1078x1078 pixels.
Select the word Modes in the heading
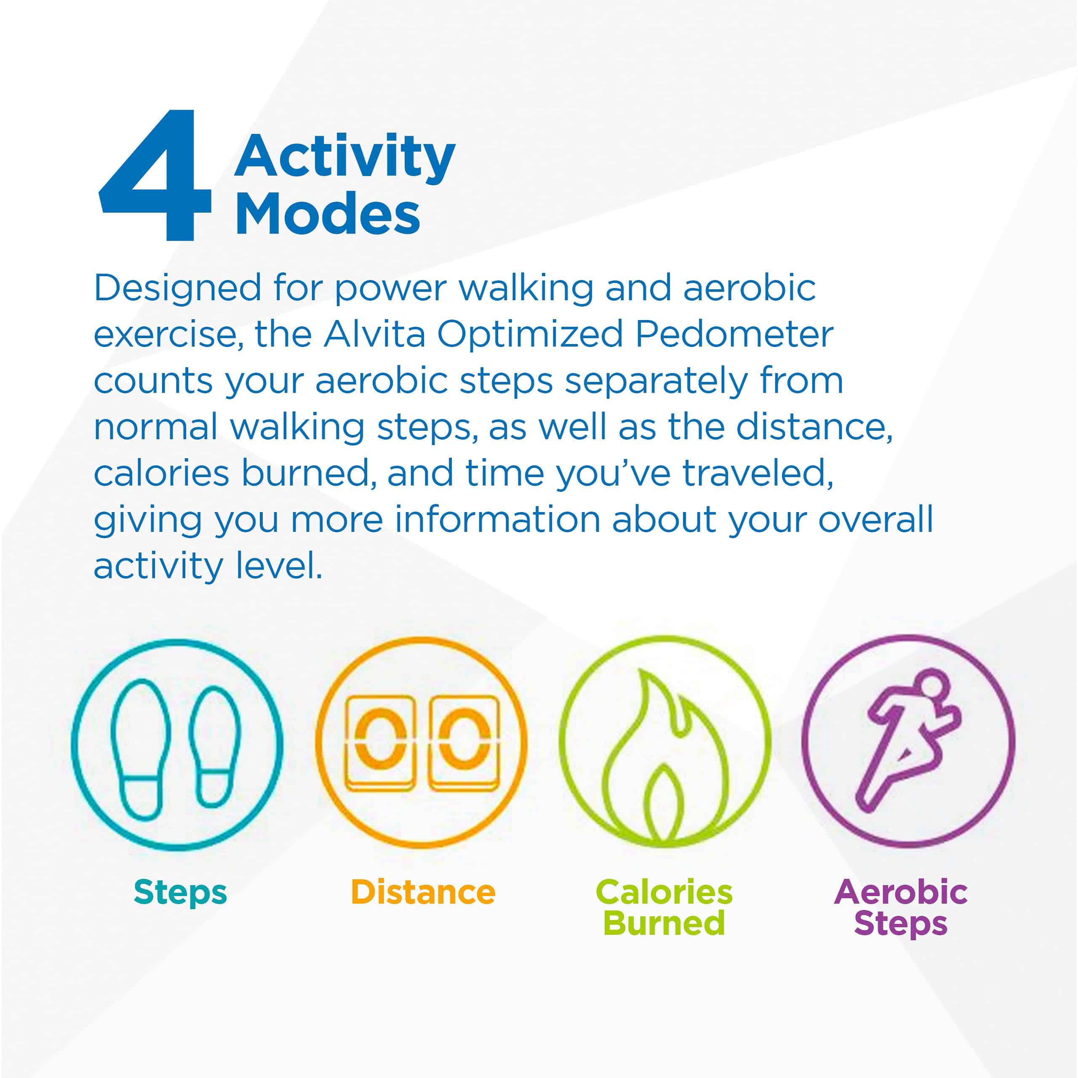point(328,215)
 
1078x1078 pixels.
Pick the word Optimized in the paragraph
point(529,335)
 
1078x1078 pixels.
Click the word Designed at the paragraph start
point(177,288)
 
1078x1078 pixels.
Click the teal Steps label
point(180,891)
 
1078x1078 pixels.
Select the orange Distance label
point(423,891)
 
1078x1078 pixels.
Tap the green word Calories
point(664,891)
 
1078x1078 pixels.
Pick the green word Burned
point(664,923)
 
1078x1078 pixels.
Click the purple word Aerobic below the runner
point(901,891)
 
